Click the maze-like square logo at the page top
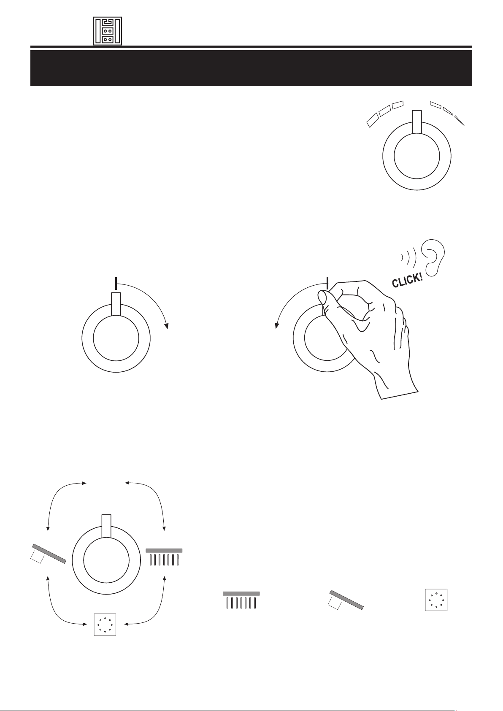click(108, 31)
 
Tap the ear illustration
click(433, 257)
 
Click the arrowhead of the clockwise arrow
click(166, 326)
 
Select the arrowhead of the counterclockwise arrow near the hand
click(277, 325)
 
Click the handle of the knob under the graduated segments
click(416, 122)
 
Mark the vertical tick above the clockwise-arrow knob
click(116, 284)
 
